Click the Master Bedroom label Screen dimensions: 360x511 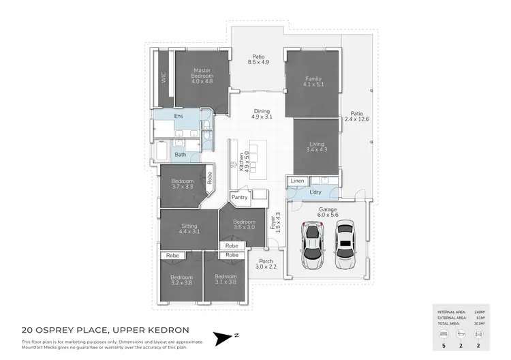202,74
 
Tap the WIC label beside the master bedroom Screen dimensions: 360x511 164,78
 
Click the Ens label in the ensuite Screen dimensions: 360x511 179,117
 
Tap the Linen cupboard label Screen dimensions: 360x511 297,180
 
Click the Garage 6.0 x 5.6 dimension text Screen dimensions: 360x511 326,211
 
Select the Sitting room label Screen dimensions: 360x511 189,228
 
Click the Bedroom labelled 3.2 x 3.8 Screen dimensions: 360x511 181,280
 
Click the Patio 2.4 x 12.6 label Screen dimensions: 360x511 357,117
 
